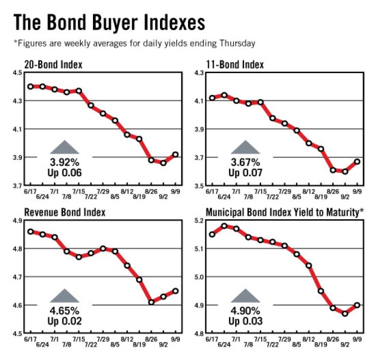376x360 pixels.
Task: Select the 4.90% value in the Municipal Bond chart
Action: [x=246, y=311]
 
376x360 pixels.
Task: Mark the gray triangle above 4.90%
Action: [x=246, y=296]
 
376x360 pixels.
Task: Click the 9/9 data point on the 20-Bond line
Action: [x=175, y=154]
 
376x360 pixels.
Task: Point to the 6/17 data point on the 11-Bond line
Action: [x=212, y=98]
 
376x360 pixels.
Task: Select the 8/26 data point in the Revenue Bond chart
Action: [x=151, y=302]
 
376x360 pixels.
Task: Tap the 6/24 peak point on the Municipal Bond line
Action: [x=224, y=226]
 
